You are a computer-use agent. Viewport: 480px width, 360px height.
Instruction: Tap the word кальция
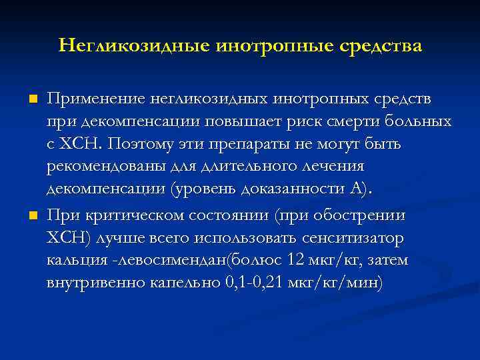click(x=71, y=260)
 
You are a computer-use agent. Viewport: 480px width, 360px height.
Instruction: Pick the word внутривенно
click(x=87, y=282)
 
